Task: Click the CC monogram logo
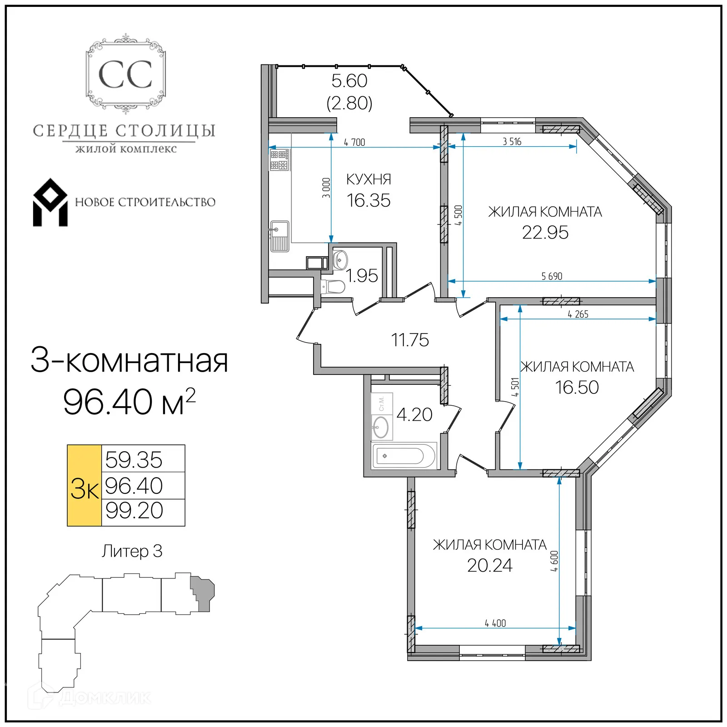125,75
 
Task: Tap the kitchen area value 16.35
368,200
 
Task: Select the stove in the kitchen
279,160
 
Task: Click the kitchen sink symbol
279,236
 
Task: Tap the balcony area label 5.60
349,81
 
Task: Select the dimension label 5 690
552,276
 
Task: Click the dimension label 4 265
578,314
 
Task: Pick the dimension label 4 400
495,623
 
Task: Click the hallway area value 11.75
410,340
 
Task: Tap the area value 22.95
545,233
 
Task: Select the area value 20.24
489,565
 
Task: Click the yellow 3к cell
85,486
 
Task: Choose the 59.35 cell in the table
134,459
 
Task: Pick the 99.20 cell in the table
134,511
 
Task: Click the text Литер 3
132,551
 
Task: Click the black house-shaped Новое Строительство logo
50,203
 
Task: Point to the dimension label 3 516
512,142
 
